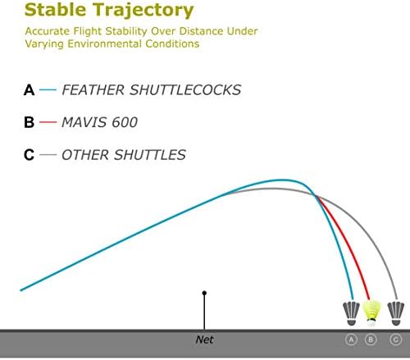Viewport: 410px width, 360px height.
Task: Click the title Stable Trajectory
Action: [109, 11]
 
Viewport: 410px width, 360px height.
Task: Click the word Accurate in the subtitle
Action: [48, 31]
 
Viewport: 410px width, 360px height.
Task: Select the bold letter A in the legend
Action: [29, 90]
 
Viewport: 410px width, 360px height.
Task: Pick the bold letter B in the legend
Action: [29, 122]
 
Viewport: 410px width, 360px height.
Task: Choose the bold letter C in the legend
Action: [29, 155]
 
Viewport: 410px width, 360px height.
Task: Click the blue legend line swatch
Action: [48, 89]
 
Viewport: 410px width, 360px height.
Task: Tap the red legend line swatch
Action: [48, 122]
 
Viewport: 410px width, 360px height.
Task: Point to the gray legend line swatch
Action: [48, 154]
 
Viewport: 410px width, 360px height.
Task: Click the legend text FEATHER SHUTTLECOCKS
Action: [151, 90]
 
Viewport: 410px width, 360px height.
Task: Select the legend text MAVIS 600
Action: [99, 122]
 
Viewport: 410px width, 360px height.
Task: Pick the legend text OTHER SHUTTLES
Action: [124, 155]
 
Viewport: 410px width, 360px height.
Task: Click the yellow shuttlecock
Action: [371, 313]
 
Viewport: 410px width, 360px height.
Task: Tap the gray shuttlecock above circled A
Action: [351, 314]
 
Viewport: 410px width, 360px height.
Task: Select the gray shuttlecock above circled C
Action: [396, 313]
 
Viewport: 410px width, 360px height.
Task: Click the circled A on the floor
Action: [351, 339]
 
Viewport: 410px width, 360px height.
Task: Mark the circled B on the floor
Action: [371, 339]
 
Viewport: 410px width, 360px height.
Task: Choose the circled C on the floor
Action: [395, 339]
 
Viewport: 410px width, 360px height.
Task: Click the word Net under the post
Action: [204, 339]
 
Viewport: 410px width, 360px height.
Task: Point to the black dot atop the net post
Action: [204, 293]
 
